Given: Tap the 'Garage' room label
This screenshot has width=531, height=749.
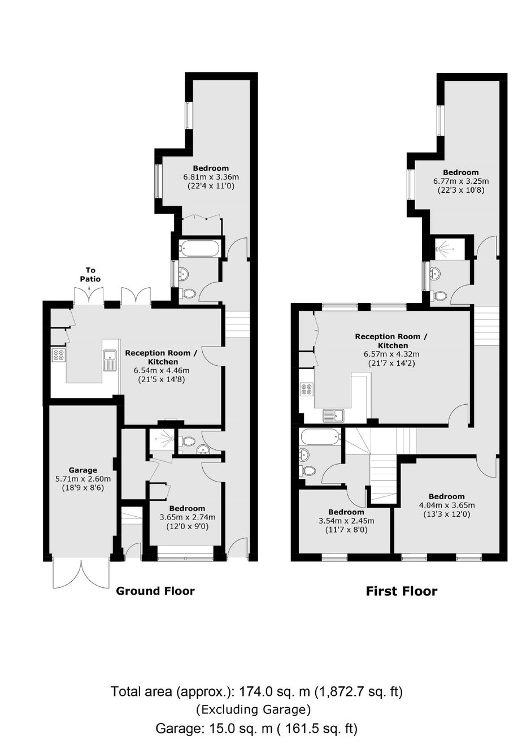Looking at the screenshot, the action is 83,470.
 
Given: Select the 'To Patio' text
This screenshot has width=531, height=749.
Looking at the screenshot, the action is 90,274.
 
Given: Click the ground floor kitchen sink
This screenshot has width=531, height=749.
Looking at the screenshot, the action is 110,360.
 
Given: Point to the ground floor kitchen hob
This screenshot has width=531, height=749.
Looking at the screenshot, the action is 59,355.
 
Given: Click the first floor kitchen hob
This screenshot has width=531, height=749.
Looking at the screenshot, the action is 307,389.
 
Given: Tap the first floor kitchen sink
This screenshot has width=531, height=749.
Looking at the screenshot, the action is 334,415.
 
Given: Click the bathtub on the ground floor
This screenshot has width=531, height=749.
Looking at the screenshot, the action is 199,248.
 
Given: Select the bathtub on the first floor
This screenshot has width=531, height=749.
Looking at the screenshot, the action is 321,438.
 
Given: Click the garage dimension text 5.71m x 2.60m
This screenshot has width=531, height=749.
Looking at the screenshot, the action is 83,479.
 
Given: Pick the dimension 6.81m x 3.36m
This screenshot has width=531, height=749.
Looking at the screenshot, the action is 211,176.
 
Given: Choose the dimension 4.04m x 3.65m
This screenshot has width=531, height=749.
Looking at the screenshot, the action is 447,505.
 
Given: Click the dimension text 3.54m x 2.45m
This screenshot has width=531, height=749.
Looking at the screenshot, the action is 346,521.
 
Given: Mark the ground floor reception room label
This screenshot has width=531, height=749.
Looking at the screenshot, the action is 162,357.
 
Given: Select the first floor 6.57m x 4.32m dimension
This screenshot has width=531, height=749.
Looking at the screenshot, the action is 391,354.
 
